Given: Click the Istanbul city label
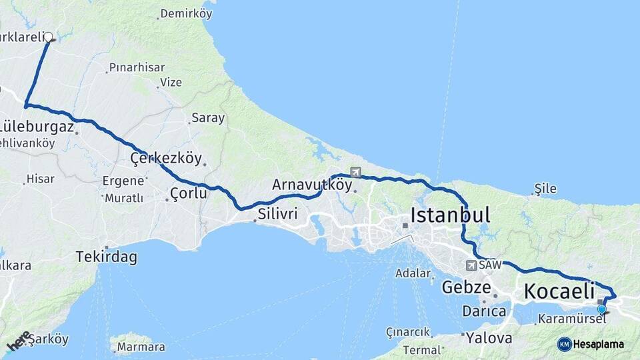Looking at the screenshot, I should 451,215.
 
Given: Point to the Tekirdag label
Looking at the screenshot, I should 107,257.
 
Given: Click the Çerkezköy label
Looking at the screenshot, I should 166,159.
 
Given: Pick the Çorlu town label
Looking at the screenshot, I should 188,193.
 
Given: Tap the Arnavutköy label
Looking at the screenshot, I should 311,185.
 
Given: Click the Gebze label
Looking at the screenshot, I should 467,288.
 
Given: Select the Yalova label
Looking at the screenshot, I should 489,338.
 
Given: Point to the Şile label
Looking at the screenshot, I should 545,189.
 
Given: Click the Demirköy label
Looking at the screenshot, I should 186,13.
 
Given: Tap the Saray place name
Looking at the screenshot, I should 208,118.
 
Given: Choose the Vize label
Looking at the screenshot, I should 171,83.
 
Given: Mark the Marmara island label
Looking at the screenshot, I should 141,347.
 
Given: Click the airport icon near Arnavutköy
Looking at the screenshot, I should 355,172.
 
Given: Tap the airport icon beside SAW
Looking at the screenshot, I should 472,265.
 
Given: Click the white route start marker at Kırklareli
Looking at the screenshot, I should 49,37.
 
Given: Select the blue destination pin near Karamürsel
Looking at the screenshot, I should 602,309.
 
